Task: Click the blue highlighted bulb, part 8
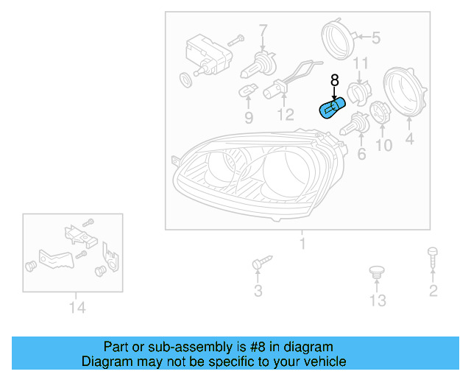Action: click(330, 109)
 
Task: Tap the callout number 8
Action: click(334, 80)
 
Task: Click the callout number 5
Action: click(376, 38)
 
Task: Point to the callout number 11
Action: click(361, 64)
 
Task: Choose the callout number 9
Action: click(249, 118)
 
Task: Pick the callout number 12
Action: click(285, 115)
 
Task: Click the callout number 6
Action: click(361, 154)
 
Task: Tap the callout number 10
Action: click(384, 146)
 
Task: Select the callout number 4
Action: click(409, 138)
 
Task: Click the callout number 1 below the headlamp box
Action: click(301, 244)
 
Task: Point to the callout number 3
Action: click(258, 291)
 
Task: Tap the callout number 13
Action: click(378, 300)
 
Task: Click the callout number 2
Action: click(433, 290)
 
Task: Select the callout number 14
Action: click(77, 307)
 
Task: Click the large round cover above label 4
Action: click(407, 92)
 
